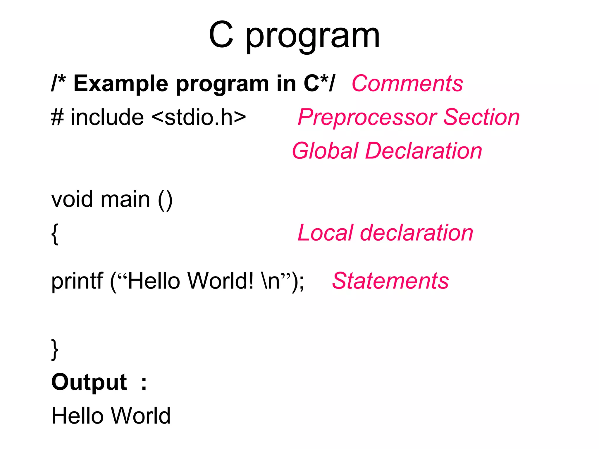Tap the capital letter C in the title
tap(221, 35)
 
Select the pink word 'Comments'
tap(407, 84)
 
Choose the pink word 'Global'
tap(325, 151)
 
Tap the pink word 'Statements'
tap(390, 281)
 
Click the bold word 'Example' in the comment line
tap(121, 84)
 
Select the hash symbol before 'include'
tap(58, 117)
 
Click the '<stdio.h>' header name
tap(199, 117)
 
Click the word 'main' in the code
tap(125, 199)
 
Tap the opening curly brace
tap(55, 234)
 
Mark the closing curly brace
tap(55, 350)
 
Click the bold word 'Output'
tap(89, 382)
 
